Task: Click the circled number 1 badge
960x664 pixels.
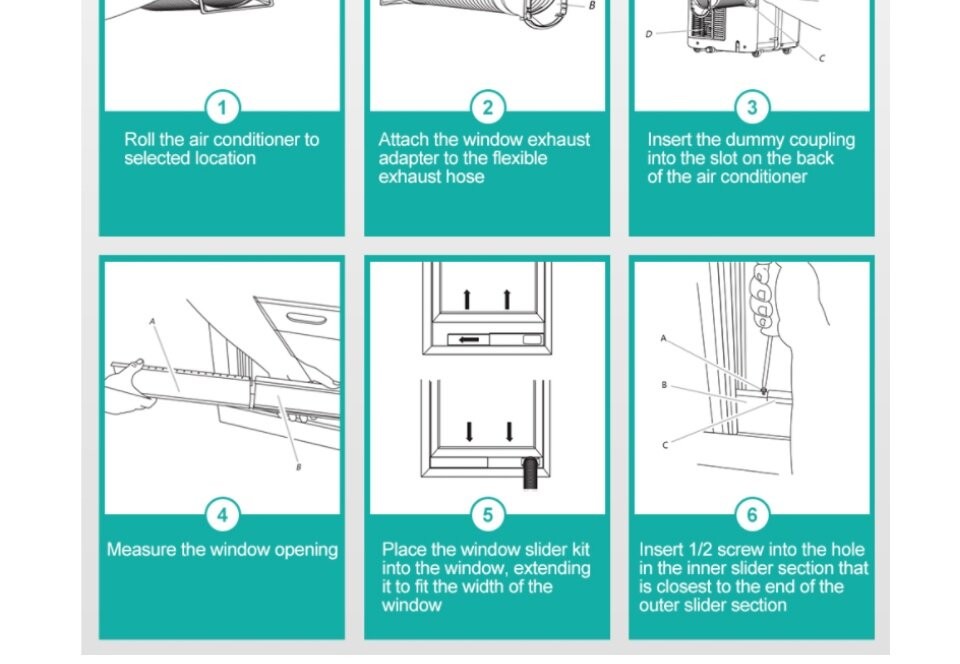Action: coord(222,108)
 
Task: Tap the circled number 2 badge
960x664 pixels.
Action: coord(487,108)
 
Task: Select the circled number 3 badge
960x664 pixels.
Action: coord(752,108)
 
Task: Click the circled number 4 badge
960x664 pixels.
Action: coord(222,515)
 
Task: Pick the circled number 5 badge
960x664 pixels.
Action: coord(487,515)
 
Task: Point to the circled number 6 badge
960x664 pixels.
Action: coord(752,515)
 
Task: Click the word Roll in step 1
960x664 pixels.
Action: coord(140,140)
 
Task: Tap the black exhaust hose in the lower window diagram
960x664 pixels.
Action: coord(531,474)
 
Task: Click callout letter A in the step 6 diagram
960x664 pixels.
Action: coord(663,338)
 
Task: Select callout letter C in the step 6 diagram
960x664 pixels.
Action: coord(666,445)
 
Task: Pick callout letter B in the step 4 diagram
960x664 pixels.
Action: coord(299,467)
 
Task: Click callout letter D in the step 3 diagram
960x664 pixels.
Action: coord(649,34)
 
